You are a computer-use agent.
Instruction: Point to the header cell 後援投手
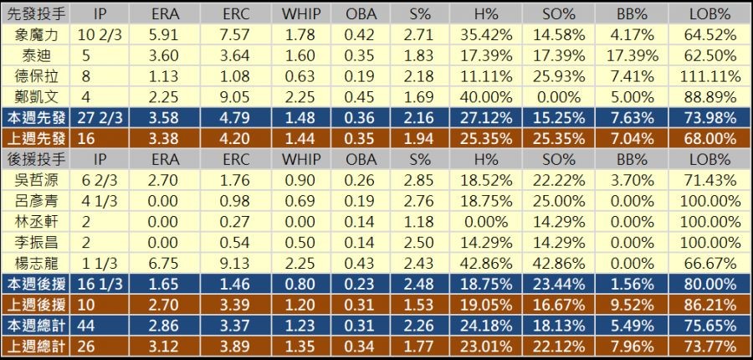click(x=37, y=158)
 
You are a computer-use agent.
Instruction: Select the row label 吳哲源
click(x=37, y=179)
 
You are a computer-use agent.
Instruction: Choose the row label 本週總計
click(x=37, y=323)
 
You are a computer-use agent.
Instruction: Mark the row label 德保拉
click(x=37, y=75)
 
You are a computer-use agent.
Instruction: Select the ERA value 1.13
click(x=165, y=75)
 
